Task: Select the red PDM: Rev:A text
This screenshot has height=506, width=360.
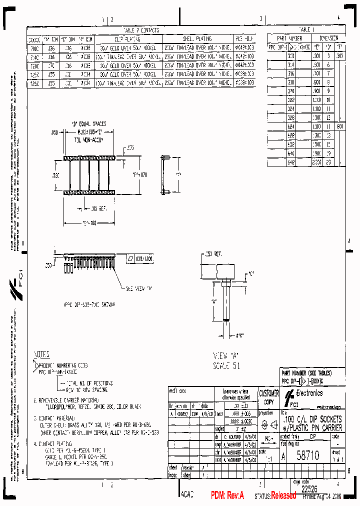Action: (x=227, y=495)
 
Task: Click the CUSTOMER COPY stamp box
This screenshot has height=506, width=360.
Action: (x=268, y=397)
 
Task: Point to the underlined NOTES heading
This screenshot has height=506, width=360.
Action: (x=41, y=354)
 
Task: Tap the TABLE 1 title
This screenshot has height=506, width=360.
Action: (x=306, y=29)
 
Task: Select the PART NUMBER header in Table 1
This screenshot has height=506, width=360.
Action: (x=289, y=38)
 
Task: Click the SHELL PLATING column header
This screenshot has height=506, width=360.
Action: (x=196, y=38)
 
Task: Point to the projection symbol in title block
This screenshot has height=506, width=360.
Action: (x=268, y=425)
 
